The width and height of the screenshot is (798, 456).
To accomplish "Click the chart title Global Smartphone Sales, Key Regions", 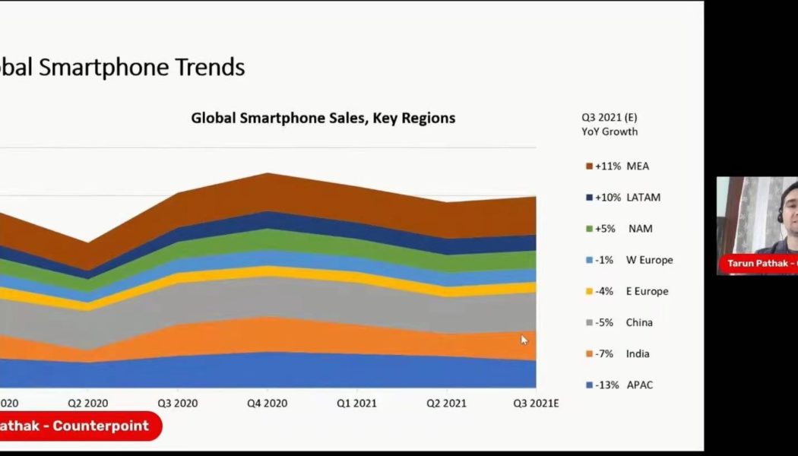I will pos(323,118).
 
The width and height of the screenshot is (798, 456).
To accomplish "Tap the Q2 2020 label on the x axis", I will pos(87,403).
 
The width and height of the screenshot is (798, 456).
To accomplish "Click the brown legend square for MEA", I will pos(589,166).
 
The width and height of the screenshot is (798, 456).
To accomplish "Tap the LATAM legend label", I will pos(643,198).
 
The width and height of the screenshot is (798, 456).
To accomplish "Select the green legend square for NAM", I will pos(589,229).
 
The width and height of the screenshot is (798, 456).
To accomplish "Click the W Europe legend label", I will pos(649,260).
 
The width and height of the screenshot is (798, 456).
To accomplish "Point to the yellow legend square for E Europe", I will pos(589,291).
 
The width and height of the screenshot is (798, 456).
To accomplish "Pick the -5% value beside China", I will pos(605,322).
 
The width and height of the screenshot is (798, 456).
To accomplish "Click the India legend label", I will pos(638,353).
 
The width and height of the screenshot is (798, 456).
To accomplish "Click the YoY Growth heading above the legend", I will pos(610,131).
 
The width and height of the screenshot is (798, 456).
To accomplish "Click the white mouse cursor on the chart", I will pos(524,340).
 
